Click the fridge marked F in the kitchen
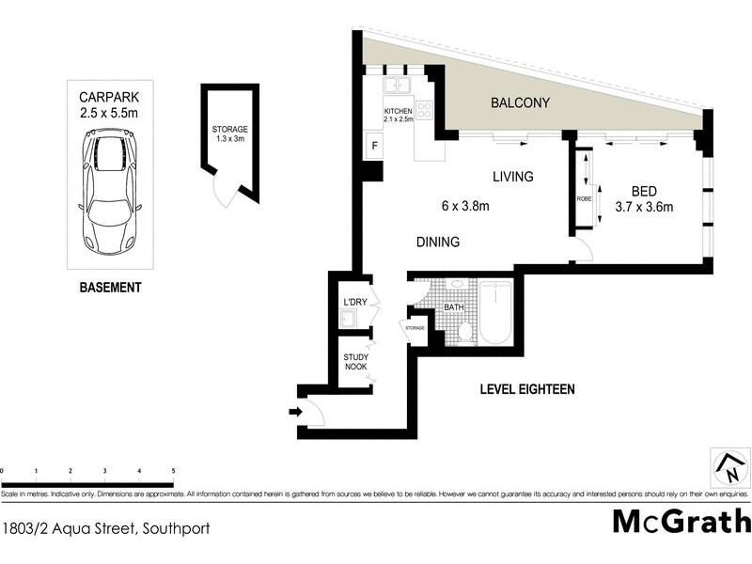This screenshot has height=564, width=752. [x=374, y=146]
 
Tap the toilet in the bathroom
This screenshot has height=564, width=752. [x=465, y=331]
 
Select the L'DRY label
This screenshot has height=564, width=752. [x=354, y=301]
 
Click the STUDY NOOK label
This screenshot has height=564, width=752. [x=354, y=361]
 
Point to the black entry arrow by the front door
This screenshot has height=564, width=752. [x=294, y=411]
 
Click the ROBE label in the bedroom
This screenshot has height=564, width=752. [x=583, y=199]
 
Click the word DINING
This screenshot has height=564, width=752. [x=438, y=243]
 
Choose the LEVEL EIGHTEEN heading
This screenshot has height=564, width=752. [x=526, y=388]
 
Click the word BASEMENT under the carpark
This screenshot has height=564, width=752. [x=110, y=288]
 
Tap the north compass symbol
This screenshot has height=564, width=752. [x=728, y=465]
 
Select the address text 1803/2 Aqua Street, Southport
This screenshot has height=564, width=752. [x=105, y=528]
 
